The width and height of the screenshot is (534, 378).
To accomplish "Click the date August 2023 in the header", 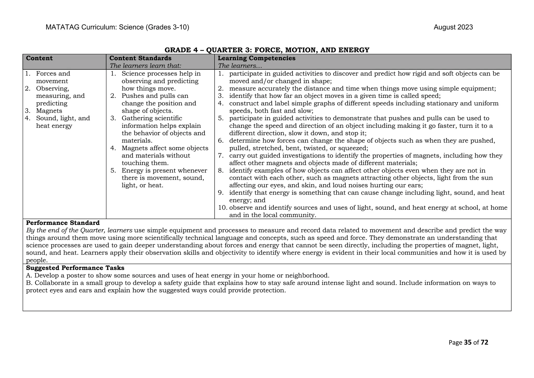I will pos(453,27).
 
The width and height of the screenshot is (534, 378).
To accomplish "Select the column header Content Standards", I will pos(140,58).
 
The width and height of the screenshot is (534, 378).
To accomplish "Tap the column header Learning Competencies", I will pos(256,58).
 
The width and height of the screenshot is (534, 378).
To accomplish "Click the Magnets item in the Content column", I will pos(49,111).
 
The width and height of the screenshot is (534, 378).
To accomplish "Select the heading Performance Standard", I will pos(63,223).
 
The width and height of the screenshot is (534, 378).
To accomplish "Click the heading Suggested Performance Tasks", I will pos(75,268).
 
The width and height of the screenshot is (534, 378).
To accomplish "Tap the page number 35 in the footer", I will pos(468,343).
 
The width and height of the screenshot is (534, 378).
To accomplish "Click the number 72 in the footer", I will pos(484,343).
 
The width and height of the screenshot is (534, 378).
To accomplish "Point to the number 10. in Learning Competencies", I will pos(223,208).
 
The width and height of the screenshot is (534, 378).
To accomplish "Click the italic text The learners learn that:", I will pos(145,66).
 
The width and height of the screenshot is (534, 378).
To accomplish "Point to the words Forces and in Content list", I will pos(53,74).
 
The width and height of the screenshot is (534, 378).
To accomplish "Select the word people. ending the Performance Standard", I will pos(37,260).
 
